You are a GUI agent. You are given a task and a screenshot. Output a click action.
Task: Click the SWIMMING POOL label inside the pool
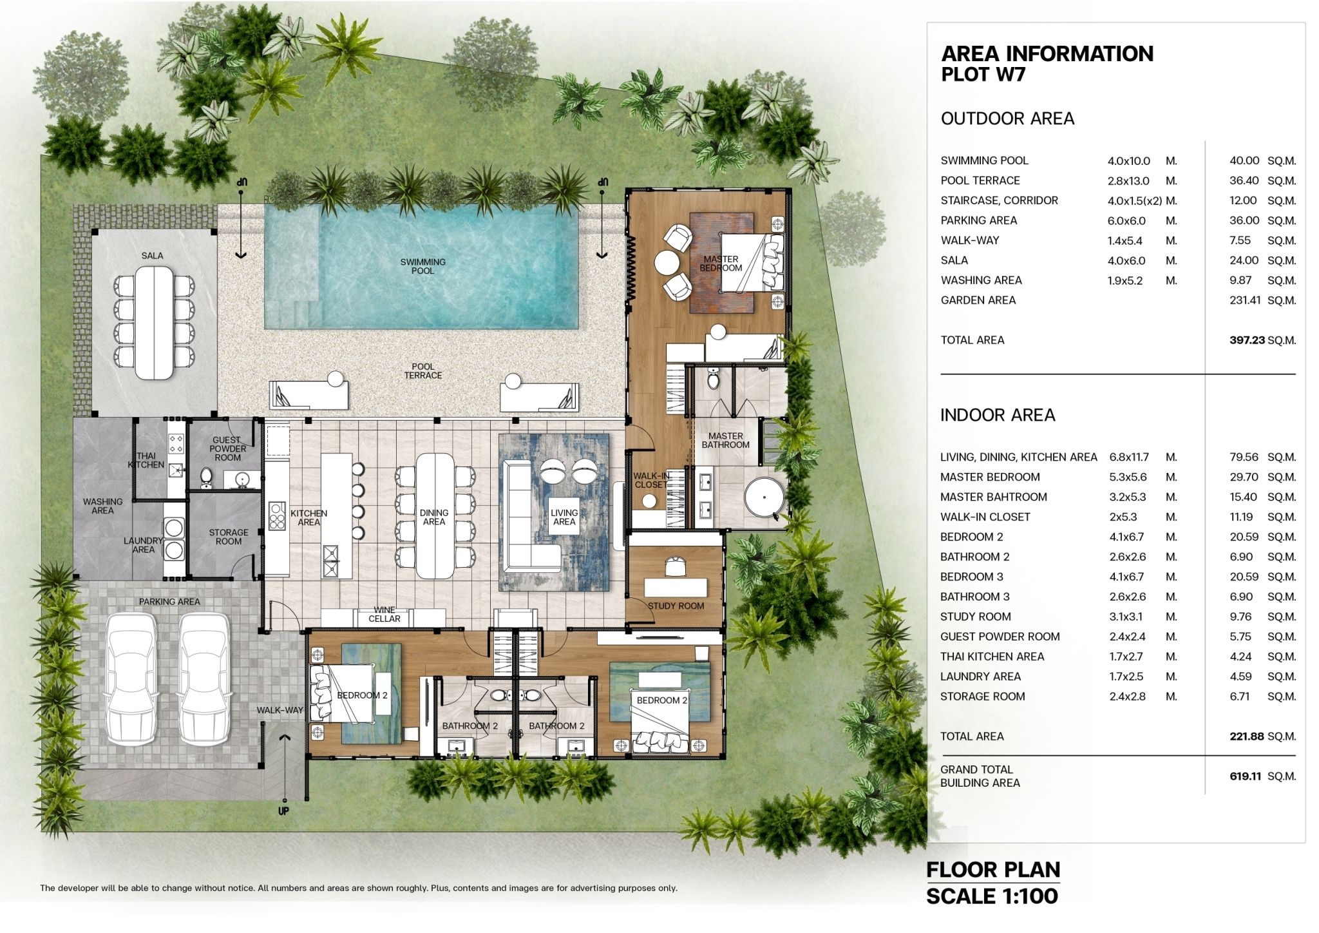click(422, 266)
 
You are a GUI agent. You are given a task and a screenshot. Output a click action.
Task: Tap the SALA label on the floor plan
click(152, 256)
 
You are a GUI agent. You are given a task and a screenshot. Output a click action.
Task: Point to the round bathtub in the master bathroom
click(764, 498)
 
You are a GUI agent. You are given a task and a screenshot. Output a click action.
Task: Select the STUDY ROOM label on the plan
click(676, 606)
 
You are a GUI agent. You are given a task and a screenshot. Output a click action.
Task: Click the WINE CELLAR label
click(384, 614)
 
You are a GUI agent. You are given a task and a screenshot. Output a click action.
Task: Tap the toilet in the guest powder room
click(206, 477)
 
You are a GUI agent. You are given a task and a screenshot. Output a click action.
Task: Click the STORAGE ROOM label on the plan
click(229, 537)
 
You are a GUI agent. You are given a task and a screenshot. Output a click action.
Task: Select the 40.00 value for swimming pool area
click(1244, 160)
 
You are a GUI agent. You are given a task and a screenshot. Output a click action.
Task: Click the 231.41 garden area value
click(1245, 300)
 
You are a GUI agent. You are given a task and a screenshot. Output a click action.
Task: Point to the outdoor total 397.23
click(1247, 340)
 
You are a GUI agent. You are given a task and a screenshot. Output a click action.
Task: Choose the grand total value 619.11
click(1245, 776)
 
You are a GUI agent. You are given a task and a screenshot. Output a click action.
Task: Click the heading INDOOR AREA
click(998, 415)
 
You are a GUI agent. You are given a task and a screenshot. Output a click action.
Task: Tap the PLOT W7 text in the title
click(983, 75)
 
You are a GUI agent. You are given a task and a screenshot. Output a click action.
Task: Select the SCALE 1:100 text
click(992, 896)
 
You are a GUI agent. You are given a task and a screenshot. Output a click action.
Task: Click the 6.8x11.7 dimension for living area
click(1129, 457)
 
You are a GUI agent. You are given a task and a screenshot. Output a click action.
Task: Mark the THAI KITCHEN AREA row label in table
click(992, 657)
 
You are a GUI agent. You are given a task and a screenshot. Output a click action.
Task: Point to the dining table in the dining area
click(435, 516)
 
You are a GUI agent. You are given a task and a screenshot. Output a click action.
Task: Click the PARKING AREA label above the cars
click(169, 602)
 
